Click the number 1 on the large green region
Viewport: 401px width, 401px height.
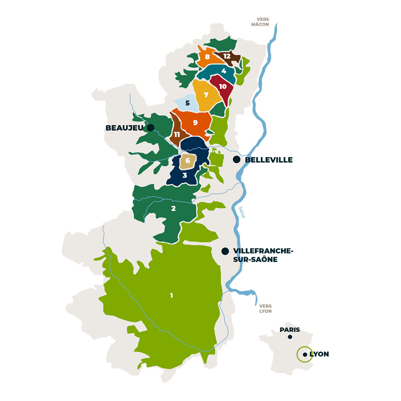pos(172,296)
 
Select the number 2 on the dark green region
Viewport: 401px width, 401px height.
pos(173,208)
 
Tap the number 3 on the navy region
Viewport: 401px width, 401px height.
pos(184,175)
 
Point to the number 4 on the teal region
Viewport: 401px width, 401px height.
pos(224,71)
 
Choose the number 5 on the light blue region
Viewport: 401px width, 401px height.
pos(187,103)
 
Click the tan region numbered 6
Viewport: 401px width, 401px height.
pos(188,161)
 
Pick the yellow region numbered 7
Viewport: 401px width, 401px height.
pos(206,95)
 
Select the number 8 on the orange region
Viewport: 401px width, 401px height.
pos(207,57)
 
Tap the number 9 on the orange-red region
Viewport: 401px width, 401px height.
pos(195,122)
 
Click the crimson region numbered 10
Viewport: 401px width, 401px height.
pos(223,86)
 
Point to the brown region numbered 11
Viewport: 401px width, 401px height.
pos(176,134)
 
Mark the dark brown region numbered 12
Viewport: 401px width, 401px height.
pos(227,56)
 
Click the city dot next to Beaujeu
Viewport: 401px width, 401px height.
pos(151,128)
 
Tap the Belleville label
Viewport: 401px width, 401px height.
pos(269,160)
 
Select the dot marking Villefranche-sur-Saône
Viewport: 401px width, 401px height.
pos(225,251)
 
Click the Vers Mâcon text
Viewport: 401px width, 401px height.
pos(263,22)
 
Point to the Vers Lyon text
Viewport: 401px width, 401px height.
pos(265,308)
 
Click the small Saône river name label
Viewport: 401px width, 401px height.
pos(242,212)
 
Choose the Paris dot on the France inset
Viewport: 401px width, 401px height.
pos(290,337)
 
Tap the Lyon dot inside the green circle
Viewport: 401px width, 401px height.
pos(305,354)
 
